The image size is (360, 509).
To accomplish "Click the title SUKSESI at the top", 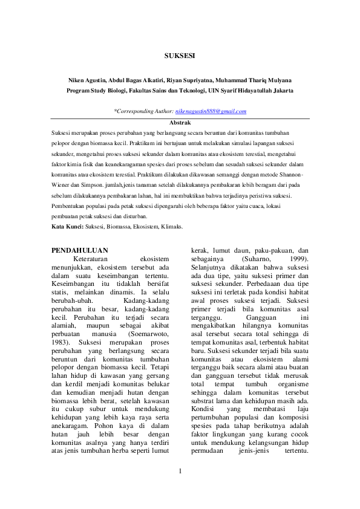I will pyautogui.click(x=180, y=56).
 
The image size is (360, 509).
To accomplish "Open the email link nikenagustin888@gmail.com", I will pyautogui.click(x=211, y=112).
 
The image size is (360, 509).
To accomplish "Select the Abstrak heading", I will pyautogui.click(x=180, y=122).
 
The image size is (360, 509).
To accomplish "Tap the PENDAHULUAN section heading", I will pyautogui.click(x=79, y=250).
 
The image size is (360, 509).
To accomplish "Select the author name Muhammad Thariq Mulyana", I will pyautogui.click(x=257, y=79).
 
